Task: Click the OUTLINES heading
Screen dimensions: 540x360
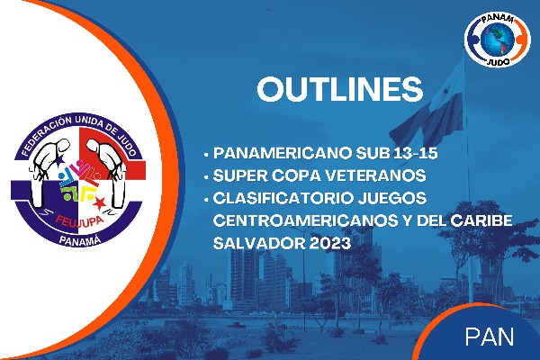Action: tap(340, 89)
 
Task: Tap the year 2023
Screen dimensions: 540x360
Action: tap(330, 243)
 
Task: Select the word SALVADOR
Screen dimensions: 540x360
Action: tap(259, 243)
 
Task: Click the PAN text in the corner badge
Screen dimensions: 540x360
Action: tap(490, 337)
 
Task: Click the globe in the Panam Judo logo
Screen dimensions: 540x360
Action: tap(498, 40)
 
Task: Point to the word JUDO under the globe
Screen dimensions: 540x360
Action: tap(499, 62)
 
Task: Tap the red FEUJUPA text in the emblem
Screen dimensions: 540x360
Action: tap(79, 221)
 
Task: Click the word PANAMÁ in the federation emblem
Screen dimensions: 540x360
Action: tap(80, 239)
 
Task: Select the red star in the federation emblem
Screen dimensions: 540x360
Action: tap(100, 203)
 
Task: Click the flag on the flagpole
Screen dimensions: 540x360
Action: tap(427, 113)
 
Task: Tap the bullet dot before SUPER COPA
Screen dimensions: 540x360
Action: tap(206, 177)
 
